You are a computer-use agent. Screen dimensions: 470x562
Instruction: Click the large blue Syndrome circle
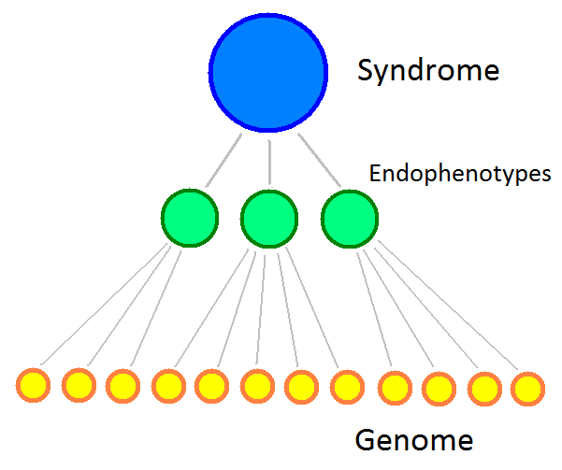[x=268, y=73]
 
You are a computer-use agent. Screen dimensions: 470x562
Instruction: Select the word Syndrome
[x=428, y=71]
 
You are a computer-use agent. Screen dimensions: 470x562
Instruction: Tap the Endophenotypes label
[x=459, y=174]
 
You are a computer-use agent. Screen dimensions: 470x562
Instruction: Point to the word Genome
[x=414, y=439]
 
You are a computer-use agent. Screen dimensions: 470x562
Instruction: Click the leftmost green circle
[x=190, y=218]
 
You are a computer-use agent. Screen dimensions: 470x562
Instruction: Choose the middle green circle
[x=269, y=219]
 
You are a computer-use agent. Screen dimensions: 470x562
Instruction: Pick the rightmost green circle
[x=350, y=219]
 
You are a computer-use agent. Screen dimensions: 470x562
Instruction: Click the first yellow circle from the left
[x=33, y=384]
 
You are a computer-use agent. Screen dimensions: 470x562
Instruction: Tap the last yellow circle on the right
[x=528, y=387]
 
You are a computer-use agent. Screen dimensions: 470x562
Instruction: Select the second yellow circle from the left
[x=79, y=384]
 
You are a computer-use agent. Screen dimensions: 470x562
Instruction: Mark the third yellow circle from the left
[x=122, y=384]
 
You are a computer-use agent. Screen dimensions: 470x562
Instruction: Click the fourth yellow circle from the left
[x=168, y=384]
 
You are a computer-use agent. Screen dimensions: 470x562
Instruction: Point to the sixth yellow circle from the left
[x=257, y=384]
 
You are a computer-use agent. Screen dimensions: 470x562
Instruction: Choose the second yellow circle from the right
[x=483, y=387]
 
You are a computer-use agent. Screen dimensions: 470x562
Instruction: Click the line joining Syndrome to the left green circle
[x=225, y=162]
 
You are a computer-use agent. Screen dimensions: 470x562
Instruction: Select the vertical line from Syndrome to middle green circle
[x=269, y=161]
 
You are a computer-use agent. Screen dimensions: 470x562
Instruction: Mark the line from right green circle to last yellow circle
[x=446, y=305]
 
